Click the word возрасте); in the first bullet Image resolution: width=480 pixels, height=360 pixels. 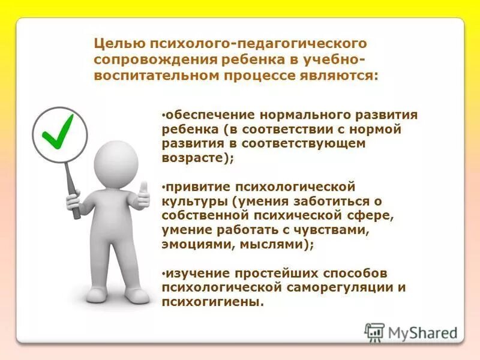tap(197, 158)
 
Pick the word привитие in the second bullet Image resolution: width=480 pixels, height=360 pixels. tap(193, 187)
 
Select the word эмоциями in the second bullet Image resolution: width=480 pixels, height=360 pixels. tap(192, 245)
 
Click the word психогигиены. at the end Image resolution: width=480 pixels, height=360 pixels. tap(213, 302)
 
